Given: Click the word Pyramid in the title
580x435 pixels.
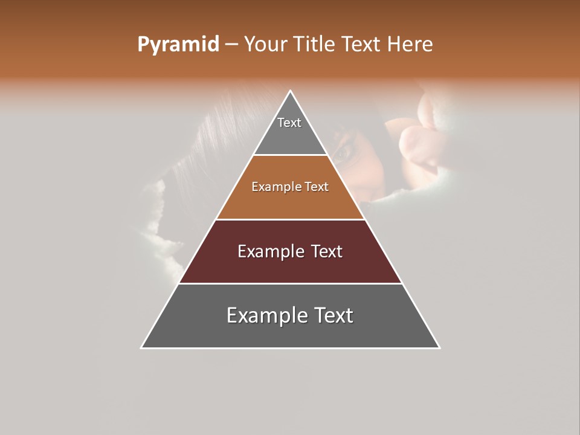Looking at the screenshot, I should pos(178,45).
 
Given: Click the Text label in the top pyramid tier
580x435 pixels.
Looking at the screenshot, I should pos(289,123).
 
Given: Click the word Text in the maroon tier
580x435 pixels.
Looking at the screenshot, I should pos(327,251).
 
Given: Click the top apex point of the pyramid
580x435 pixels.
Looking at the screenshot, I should pos(291,91).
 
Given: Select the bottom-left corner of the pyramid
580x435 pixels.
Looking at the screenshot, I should pos(141,348).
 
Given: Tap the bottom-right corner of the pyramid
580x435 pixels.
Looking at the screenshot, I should pos(439,348).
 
